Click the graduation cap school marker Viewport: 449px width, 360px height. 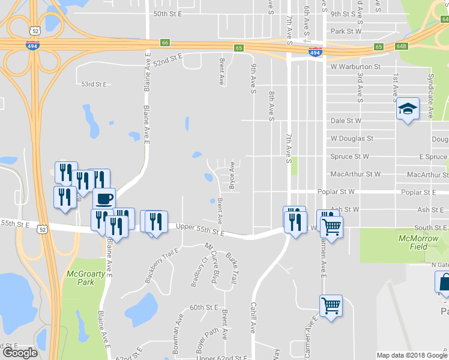click(x=408, y=109)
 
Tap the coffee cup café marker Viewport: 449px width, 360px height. click(x=104, y=199)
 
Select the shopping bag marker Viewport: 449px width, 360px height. click(x=444, y=283)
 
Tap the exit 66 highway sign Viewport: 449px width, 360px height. click(x=165, y=43)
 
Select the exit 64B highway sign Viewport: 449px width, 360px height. click(x=401, y=46)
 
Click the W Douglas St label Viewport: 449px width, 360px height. click(x=352, y=138)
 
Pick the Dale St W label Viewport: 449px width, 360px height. click(x=346, y=121)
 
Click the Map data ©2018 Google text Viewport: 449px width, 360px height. click(x=412, y=355)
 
